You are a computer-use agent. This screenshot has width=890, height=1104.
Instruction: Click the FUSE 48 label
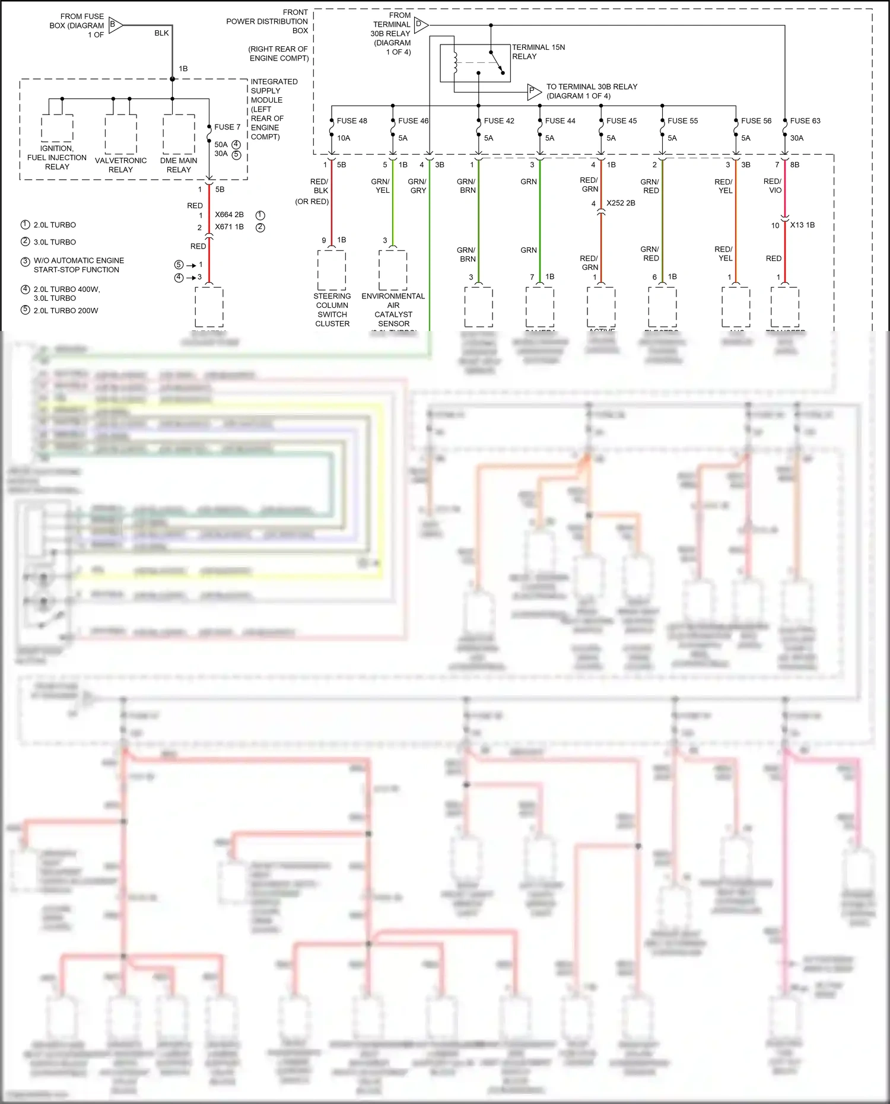pos(351,121)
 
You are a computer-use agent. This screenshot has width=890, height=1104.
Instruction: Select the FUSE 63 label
pos(805,121)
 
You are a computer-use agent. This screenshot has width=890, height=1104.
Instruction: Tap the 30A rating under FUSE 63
pos(796,138)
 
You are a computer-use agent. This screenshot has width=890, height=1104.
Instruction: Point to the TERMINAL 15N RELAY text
pos(538,52)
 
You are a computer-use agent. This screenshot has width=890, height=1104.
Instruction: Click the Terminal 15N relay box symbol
pos(475,63)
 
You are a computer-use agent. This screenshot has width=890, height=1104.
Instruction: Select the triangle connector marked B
pos(115,25)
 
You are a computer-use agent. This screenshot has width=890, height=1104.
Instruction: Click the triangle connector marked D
pos(420,25)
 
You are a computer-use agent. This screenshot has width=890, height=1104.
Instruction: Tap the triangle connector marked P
pos(533,92)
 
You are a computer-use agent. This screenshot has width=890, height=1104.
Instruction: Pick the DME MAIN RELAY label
pos(179,165)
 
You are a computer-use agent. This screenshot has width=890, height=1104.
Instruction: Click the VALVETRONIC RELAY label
pos(120,165)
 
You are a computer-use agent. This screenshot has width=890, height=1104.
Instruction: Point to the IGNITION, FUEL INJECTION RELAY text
pos(57,157)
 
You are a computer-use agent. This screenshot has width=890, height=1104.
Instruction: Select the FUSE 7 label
pos(227,127)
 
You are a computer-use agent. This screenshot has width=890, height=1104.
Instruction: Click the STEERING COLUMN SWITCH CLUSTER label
pos(332,310)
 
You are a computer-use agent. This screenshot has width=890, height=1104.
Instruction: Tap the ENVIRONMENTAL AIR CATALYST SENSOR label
pos(393,310)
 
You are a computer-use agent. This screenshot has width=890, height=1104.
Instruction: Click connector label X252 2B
pos(621,203)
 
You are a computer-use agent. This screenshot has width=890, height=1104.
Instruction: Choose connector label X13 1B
pos(802,225)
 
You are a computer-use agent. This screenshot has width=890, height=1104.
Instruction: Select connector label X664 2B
pos(229,215)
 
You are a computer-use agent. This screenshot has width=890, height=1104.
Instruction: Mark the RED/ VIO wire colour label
pos(773,186)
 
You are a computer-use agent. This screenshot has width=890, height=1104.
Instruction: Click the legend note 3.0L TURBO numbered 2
pos(55,242)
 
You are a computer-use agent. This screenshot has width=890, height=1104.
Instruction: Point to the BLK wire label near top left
pos(161,33)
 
